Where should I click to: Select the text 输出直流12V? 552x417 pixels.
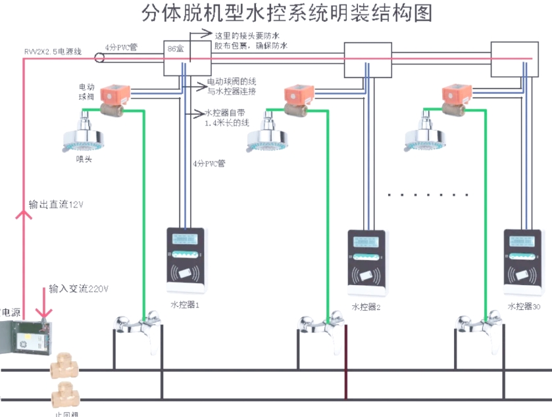point(57,204)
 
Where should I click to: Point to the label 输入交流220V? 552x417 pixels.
point(78,289)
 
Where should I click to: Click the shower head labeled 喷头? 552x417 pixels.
point(85,134)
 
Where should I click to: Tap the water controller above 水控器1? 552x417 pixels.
point(187,260)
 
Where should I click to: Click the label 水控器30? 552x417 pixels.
point(524,307)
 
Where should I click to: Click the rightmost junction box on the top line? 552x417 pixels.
point(511,51)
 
